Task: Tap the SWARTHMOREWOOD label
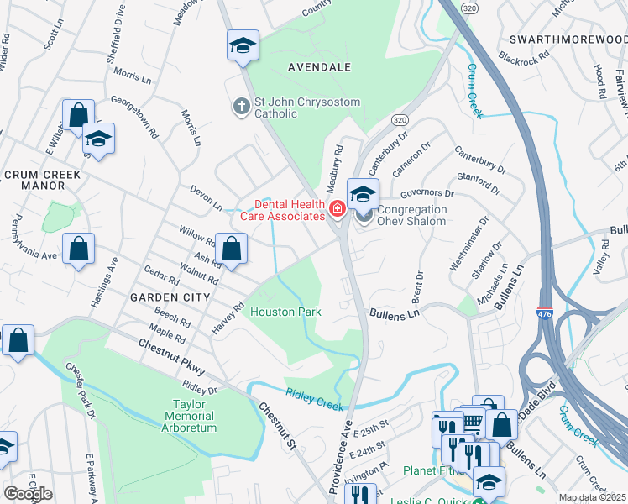pyautogui.click(x=568, y=40)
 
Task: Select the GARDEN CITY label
pyautogui.click(x=170, y=297)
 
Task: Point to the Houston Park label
pyautogui.click(x=285, y=312)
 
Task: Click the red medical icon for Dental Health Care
pyautogui.click(x=337, y=208)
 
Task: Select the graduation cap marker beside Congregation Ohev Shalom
pyautogui.click(x=363, y=194)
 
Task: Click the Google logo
pyautogui.click(x=28, y=493)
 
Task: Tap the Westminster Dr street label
pyautogui.click(x=468, y=244)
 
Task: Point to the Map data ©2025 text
pyautogui.click(x=592, y=497)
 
